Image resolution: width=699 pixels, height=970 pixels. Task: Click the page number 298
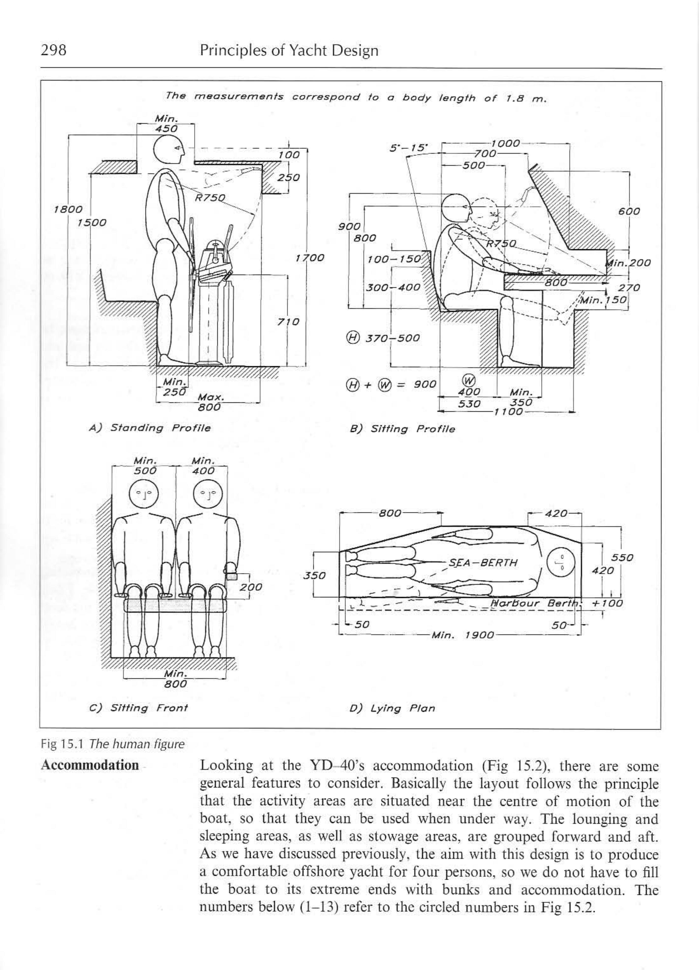(x=53, y=50)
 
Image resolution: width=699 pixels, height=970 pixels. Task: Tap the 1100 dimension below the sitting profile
(x=508, y=411)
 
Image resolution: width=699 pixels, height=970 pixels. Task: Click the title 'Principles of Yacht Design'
(x=289, y=50)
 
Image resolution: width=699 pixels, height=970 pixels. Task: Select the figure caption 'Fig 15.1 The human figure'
(x=112, y=744)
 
